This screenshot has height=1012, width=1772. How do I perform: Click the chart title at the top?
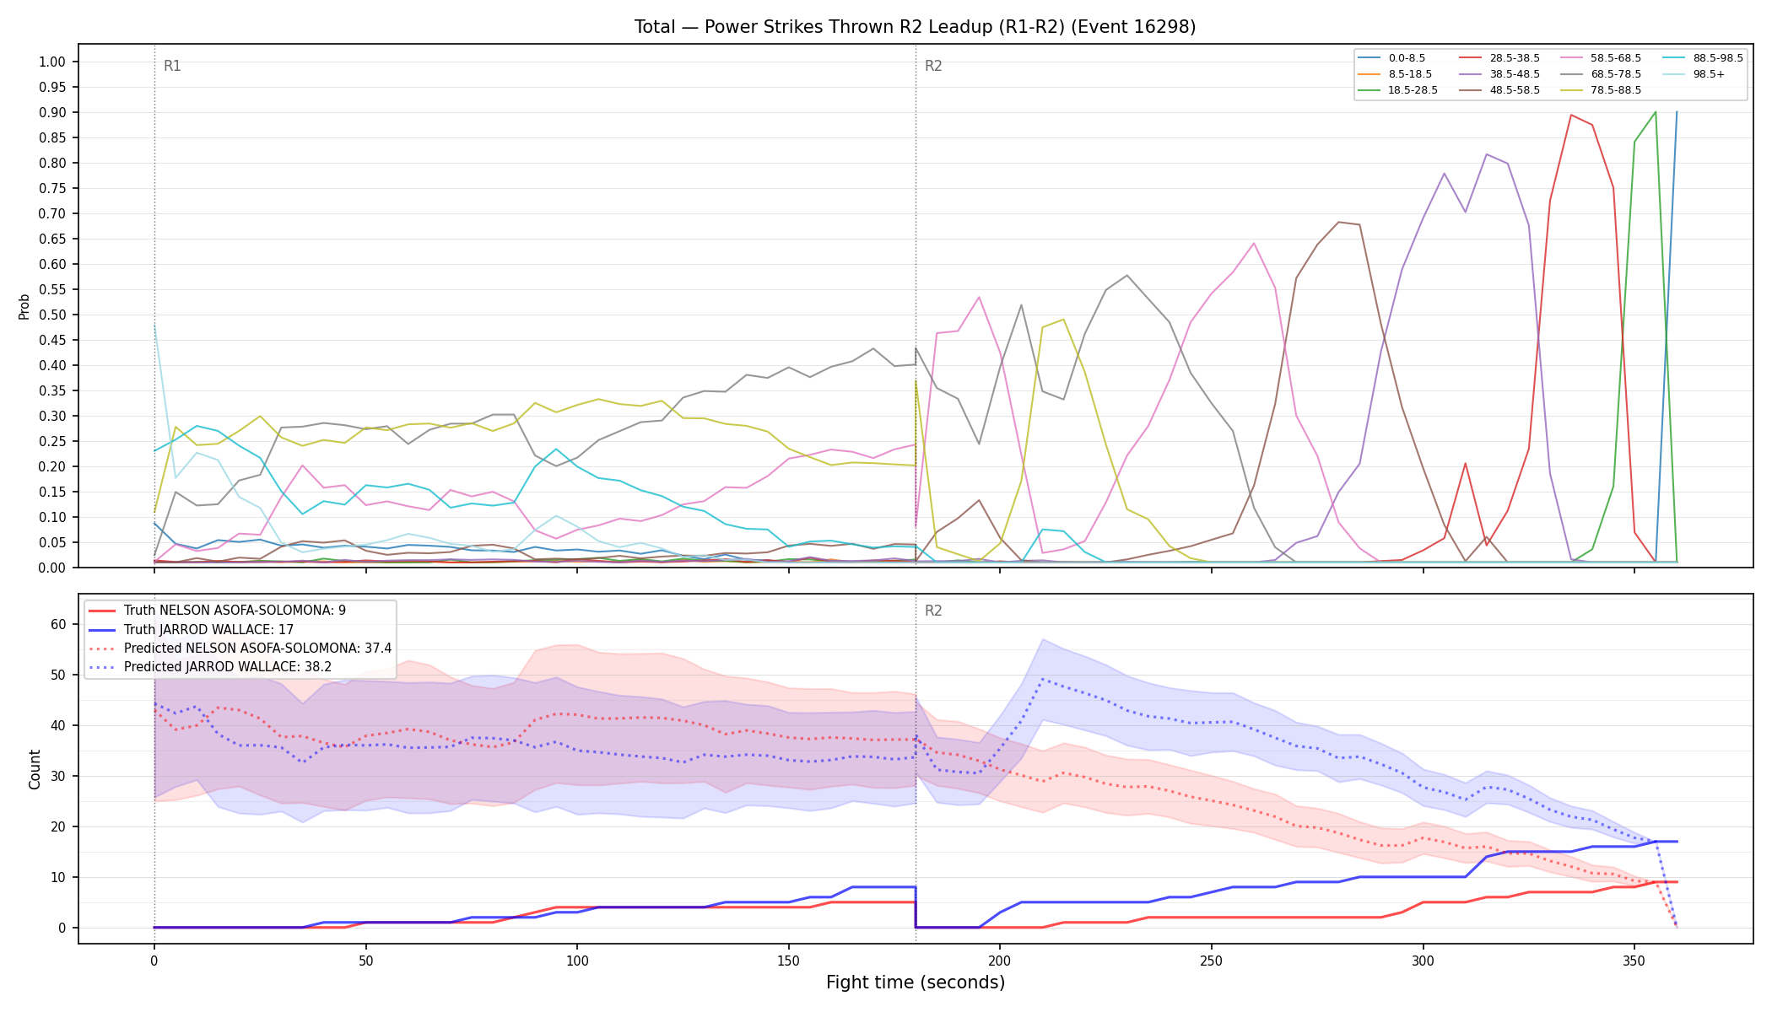[x=915, y=27]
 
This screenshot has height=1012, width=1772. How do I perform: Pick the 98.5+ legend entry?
[x=1694, y=74]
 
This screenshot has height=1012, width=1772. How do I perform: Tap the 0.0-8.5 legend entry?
[x=1392, y=58]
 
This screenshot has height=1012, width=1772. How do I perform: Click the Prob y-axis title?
[x=24, y=306]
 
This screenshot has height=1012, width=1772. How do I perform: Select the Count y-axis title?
[x=35, y=769]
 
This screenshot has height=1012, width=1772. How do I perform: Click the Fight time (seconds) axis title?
[x=916, y=982]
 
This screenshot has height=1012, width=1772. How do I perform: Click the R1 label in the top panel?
[x=172, y=66]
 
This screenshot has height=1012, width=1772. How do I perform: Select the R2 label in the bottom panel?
[x=933, y=611]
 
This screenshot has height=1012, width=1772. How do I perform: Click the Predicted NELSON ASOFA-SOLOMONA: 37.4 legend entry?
[x=240, y=649]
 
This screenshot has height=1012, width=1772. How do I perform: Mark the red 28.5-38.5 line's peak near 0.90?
[x=1570, y=115]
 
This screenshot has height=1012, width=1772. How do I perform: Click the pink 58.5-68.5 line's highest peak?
[x=1254, y=243]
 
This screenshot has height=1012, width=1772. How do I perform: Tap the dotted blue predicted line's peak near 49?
[x=1042, y=679]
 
